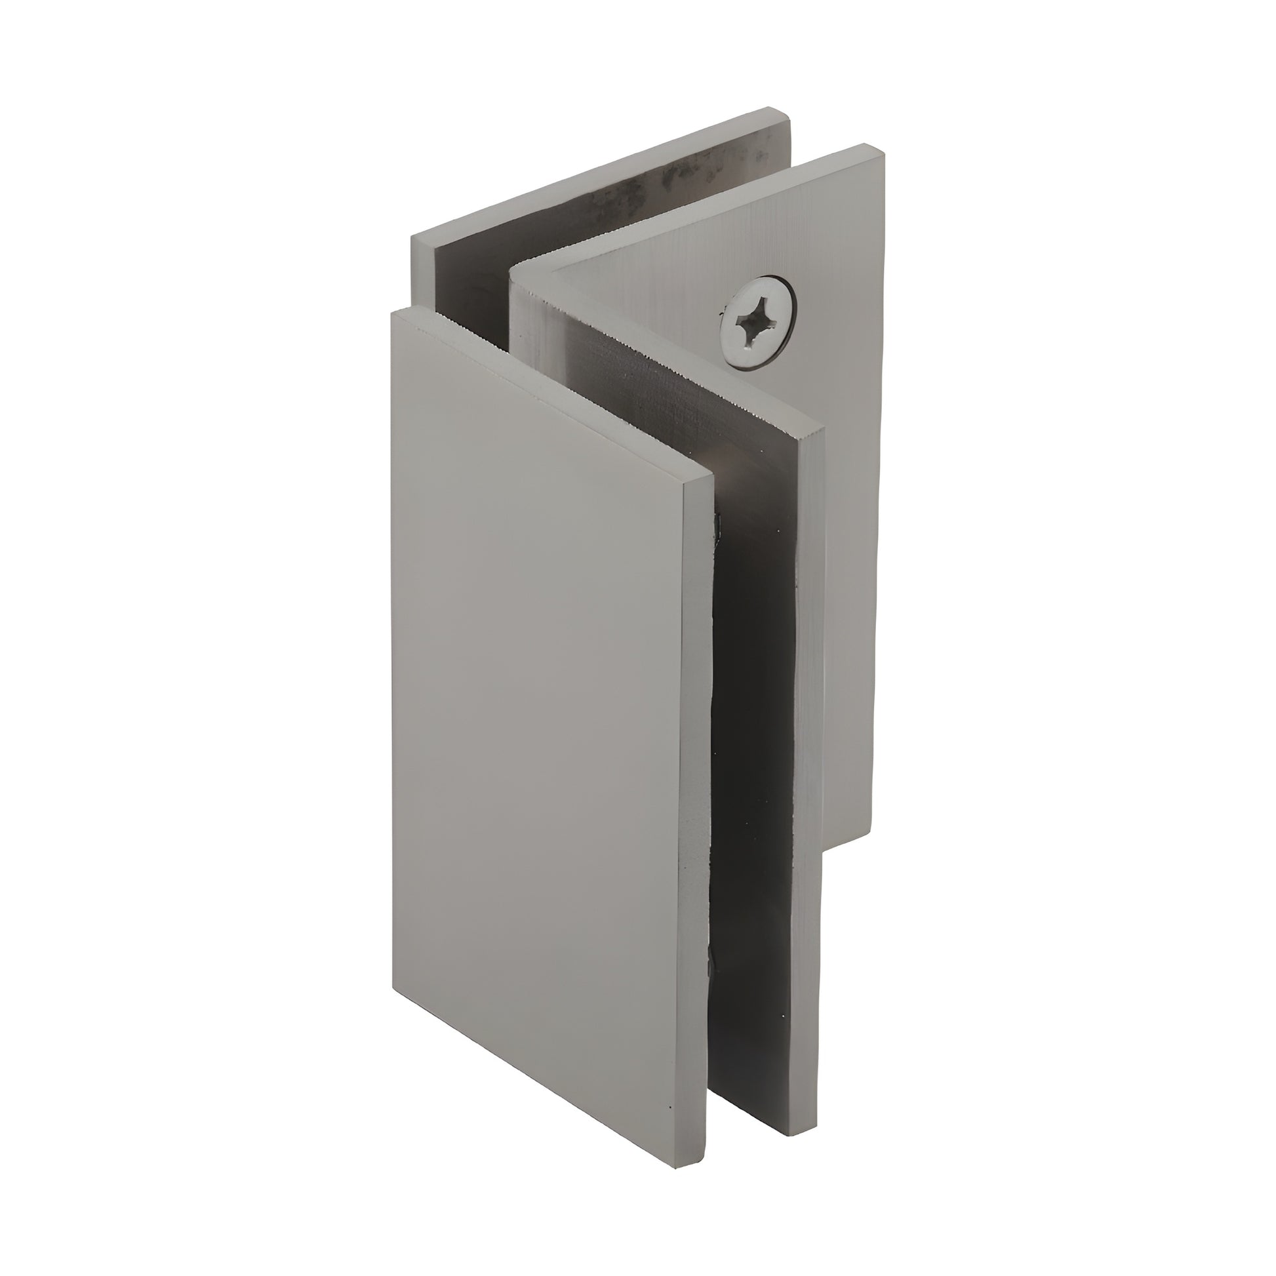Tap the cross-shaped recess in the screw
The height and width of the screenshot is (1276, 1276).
coord(755,324)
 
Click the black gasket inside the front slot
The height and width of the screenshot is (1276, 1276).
coord(753,727)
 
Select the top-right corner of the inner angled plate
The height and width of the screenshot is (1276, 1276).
coord(824,429)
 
